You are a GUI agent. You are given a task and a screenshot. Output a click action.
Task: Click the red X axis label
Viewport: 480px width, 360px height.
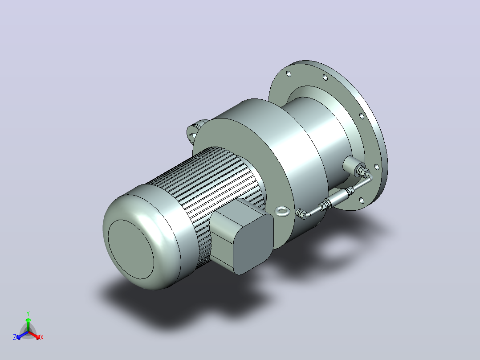[42, 337]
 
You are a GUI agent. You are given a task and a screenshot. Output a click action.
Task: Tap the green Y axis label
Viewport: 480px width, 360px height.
[28, 313]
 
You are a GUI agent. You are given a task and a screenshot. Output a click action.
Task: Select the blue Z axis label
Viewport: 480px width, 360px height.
[15, 337]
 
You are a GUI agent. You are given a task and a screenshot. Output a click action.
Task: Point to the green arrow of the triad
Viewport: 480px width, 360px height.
[28, 324]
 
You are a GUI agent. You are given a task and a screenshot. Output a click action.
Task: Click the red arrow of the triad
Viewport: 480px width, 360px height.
[34, 335]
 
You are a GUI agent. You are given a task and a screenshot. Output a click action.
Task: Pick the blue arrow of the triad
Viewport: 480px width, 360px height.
[22, 335]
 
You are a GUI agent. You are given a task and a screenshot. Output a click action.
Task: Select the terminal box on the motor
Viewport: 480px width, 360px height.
[241, 236]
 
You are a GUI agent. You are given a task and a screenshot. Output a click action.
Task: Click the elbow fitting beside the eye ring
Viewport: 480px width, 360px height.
[301, 213]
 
